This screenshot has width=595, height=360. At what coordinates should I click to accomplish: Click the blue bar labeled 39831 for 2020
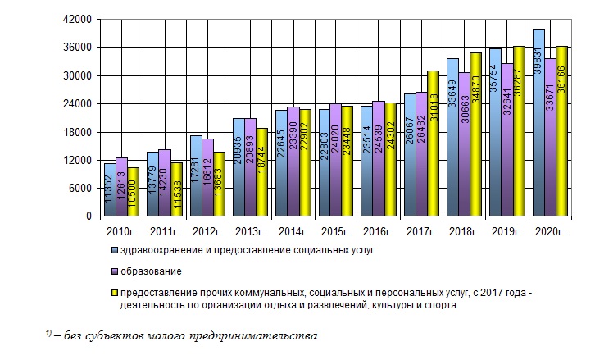click(x=538, y=123)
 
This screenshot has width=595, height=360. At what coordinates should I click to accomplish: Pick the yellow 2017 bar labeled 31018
click(x=433, y=144)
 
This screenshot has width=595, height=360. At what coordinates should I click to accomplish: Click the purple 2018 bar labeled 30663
click(x=464, y=144)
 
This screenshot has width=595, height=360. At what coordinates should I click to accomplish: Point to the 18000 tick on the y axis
click(x=78, y=132)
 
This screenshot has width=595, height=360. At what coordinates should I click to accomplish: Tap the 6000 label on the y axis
click(x=80, y=189)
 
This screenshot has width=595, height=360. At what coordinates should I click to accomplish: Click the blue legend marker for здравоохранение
click(x=115, y=250)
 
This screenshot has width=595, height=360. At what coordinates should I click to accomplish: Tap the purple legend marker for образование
click(x=115, y=271)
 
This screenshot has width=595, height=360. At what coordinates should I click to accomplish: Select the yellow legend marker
click(x=115, y=293)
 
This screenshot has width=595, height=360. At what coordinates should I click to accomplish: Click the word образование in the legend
click(x=152, y=271)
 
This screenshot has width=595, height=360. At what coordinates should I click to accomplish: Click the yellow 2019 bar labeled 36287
click(x=519, y=131)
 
